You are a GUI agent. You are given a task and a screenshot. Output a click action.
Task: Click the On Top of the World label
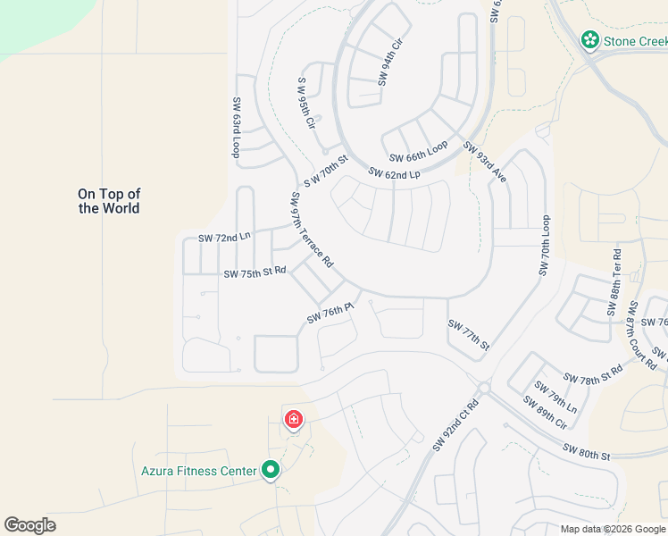[x=109, y=201]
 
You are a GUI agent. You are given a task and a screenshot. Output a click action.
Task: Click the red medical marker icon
[x=293, y=420]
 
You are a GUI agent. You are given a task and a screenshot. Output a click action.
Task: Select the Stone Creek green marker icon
[x=589, y=40]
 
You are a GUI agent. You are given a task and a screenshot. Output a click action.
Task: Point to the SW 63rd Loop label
[x=237, y=128]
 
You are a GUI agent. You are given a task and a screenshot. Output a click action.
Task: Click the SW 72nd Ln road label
[x=224, y=238]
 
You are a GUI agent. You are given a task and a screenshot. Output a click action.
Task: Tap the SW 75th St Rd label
[x=255, y=272]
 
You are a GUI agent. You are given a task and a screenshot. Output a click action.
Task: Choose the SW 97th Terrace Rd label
[x=311, y=230]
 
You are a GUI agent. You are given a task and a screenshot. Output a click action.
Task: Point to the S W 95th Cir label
[x=307, y=103]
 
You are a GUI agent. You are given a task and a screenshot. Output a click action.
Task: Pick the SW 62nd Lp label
[x=394, y=174]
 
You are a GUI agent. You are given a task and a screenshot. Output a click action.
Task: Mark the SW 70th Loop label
[x=545, y=246]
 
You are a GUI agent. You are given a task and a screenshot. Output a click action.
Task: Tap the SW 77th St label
[x=469, y=335]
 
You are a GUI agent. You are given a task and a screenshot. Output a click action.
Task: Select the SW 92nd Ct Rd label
[x=455, y=423]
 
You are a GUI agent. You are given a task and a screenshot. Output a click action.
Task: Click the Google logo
[x=29, y=525]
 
